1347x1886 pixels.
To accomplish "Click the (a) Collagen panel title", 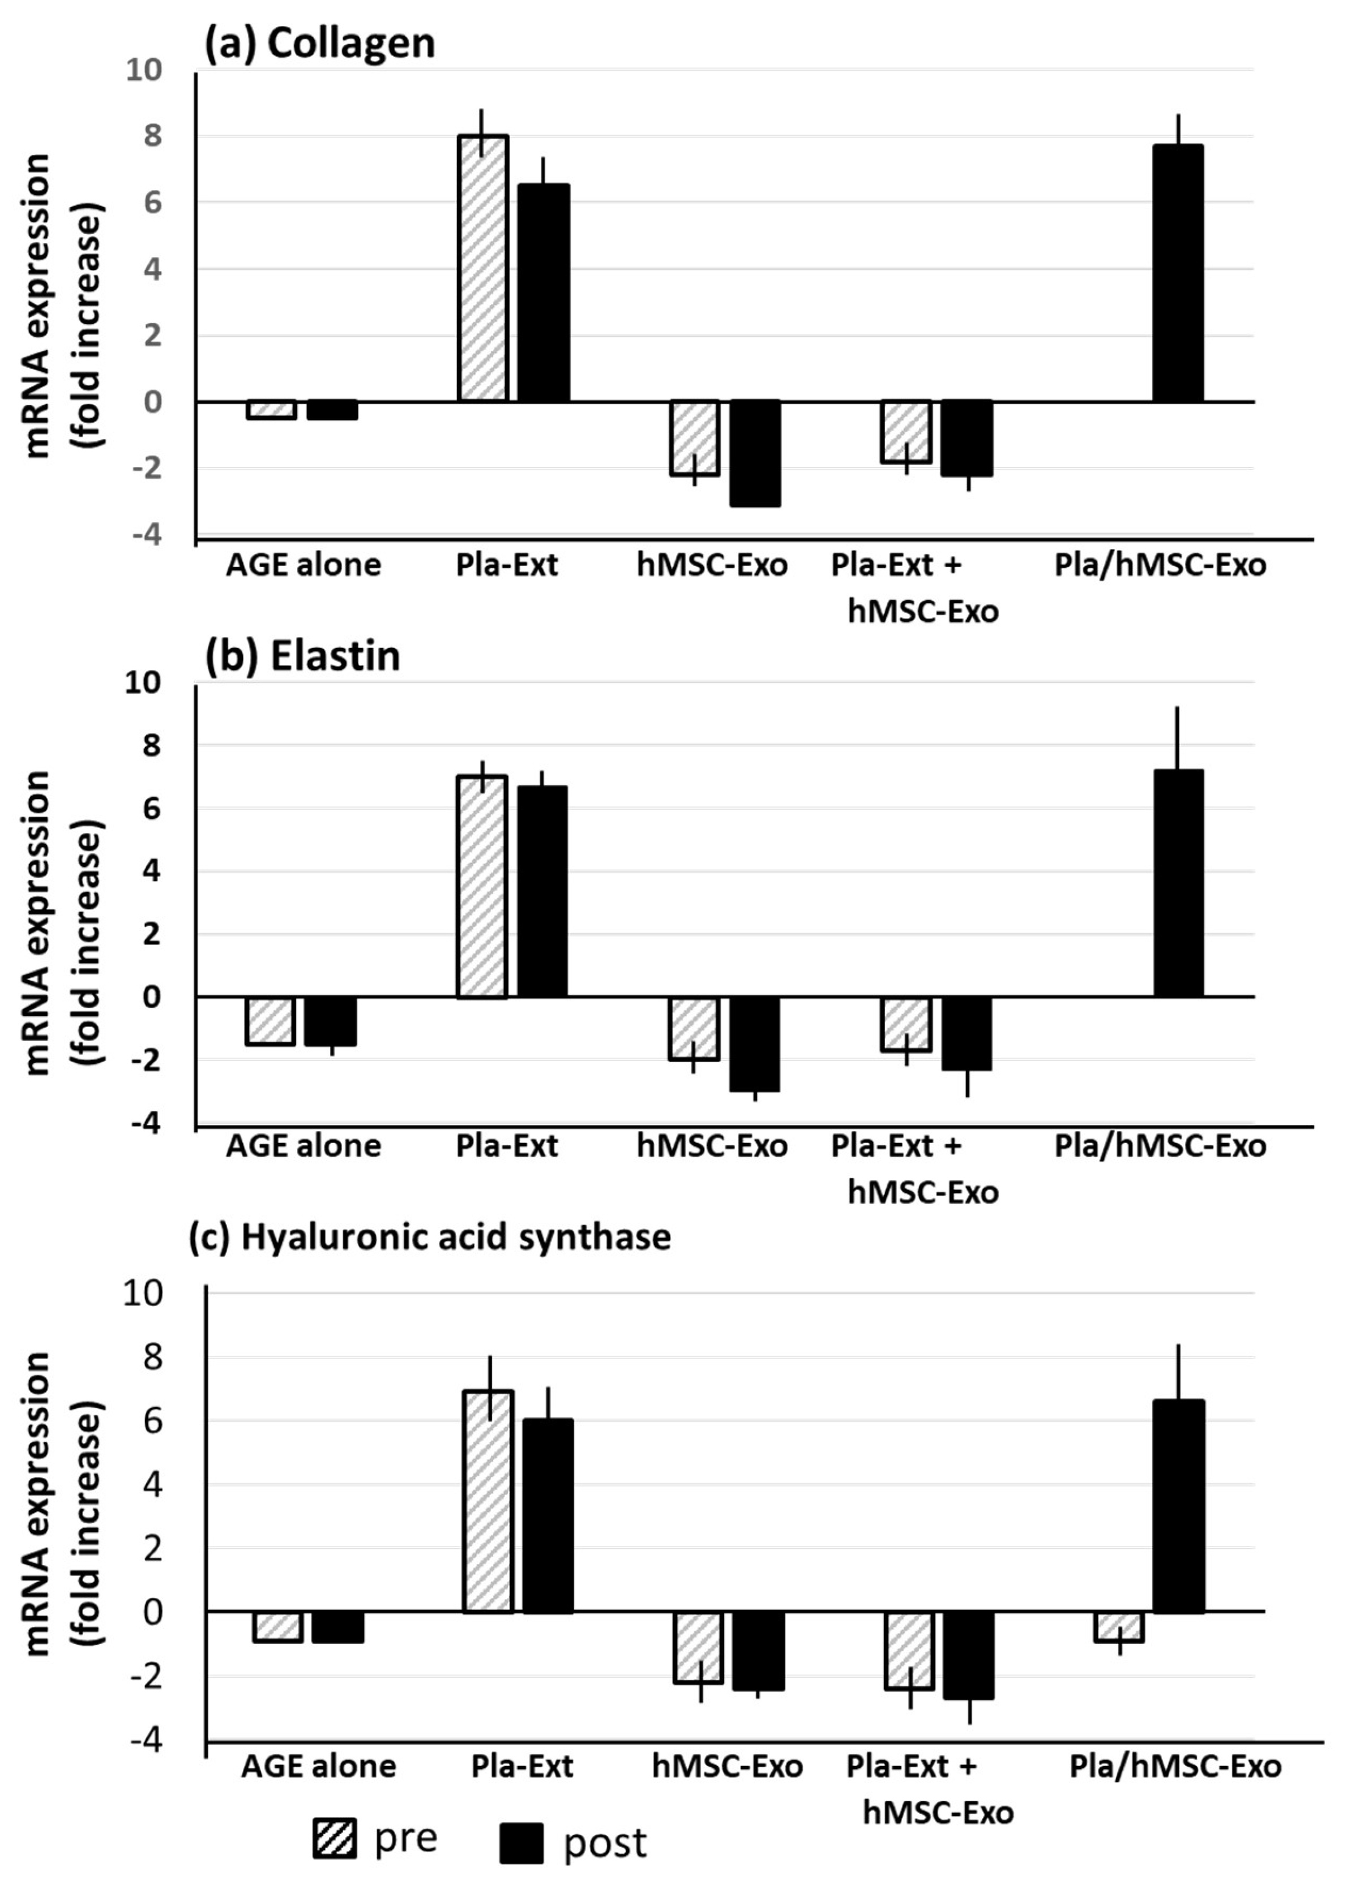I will (319, 43).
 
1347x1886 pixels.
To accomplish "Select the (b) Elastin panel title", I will (303, 656).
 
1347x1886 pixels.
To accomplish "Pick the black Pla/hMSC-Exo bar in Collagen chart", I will (1178, 273).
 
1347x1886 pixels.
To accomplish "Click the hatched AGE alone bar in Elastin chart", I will (271, 1020).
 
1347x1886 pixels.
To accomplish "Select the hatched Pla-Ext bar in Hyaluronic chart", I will (488, 1501).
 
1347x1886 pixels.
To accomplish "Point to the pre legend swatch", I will (334, 1838).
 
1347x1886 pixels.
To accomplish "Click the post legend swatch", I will (521, 1843).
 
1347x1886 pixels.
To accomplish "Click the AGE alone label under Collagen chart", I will (303, 565).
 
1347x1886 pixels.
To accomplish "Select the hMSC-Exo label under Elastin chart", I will (712, 1146).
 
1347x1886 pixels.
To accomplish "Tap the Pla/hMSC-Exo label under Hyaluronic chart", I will (1174, 1766).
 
